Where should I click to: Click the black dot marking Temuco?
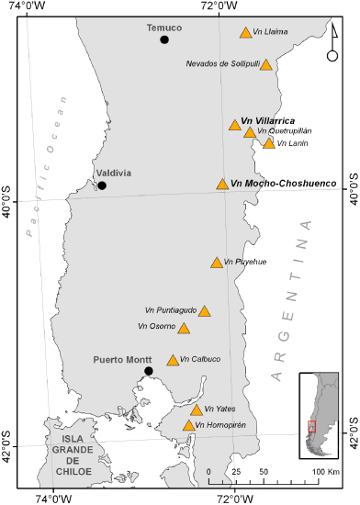(x=164, y=39)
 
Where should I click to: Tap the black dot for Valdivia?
(x=102, y=185)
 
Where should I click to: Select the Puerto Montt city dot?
(x=149, y=371)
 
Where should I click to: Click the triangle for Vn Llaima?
(x=245, y=33)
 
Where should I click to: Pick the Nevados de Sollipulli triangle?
(x=265, y=64)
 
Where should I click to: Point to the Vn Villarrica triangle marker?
(x=235, y=125)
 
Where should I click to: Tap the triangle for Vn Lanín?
(x=268, y=142)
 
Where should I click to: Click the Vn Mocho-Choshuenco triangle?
(x=222, y=185)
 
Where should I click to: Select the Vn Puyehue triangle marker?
(x=216, y=263)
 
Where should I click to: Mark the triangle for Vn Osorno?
(x=184, y=329)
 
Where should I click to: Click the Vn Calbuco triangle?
(x=173, y=360)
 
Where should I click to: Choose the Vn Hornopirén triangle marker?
(x=188, y=425)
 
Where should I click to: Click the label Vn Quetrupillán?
(x=285, y=131)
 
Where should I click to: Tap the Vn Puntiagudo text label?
(x=170, y=310)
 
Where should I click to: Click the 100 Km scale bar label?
(x=323, y=471)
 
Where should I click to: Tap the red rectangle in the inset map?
(x=311, y=427)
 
